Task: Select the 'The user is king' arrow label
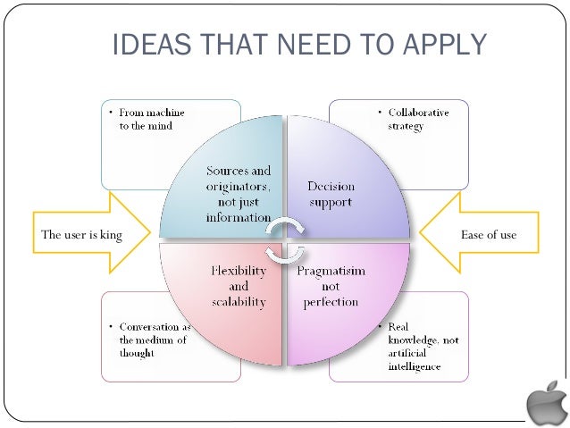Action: click(81, 235)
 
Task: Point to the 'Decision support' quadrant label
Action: click(331, 195)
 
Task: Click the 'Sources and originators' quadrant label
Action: click(239, 194)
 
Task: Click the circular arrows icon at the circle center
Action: click(285, 233)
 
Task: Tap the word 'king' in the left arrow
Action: click(110, 235)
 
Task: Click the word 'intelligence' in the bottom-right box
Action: click(415, 366)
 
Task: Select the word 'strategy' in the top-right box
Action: click(406, 126)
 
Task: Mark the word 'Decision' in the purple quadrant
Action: click(331, 187)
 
